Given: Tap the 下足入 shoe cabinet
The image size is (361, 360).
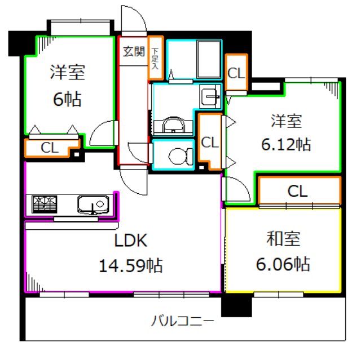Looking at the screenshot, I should [155, 58].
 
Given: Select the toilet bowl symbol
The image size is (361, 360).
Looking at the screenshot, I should [179, 154].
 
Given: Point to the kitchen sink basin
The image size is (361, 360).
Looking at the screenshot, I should [93, 203].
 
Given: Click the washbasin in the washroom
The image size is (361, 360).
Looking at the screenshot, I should [174, 123].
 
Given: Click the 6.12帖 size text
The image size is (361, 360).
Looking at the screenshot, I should [284, 144].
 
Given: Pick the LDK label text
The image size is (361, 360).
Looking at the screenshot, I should [131, 241].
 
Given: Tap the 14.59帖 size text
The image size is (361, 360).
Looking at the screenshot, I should [131, 264].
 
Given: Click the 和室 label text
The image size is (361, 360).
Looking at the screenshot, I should [284, 239].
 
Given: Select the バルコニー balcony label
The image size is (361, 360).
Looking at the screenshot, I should [182, 323].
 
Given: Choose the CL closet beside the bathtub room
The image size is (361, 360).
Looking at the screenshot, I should [236, 73].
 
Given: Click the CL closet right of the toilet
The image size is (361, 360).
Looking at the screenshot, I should [210, 142].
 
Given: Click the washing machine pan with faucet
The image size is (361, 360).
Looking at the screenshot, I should [211, 99].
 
